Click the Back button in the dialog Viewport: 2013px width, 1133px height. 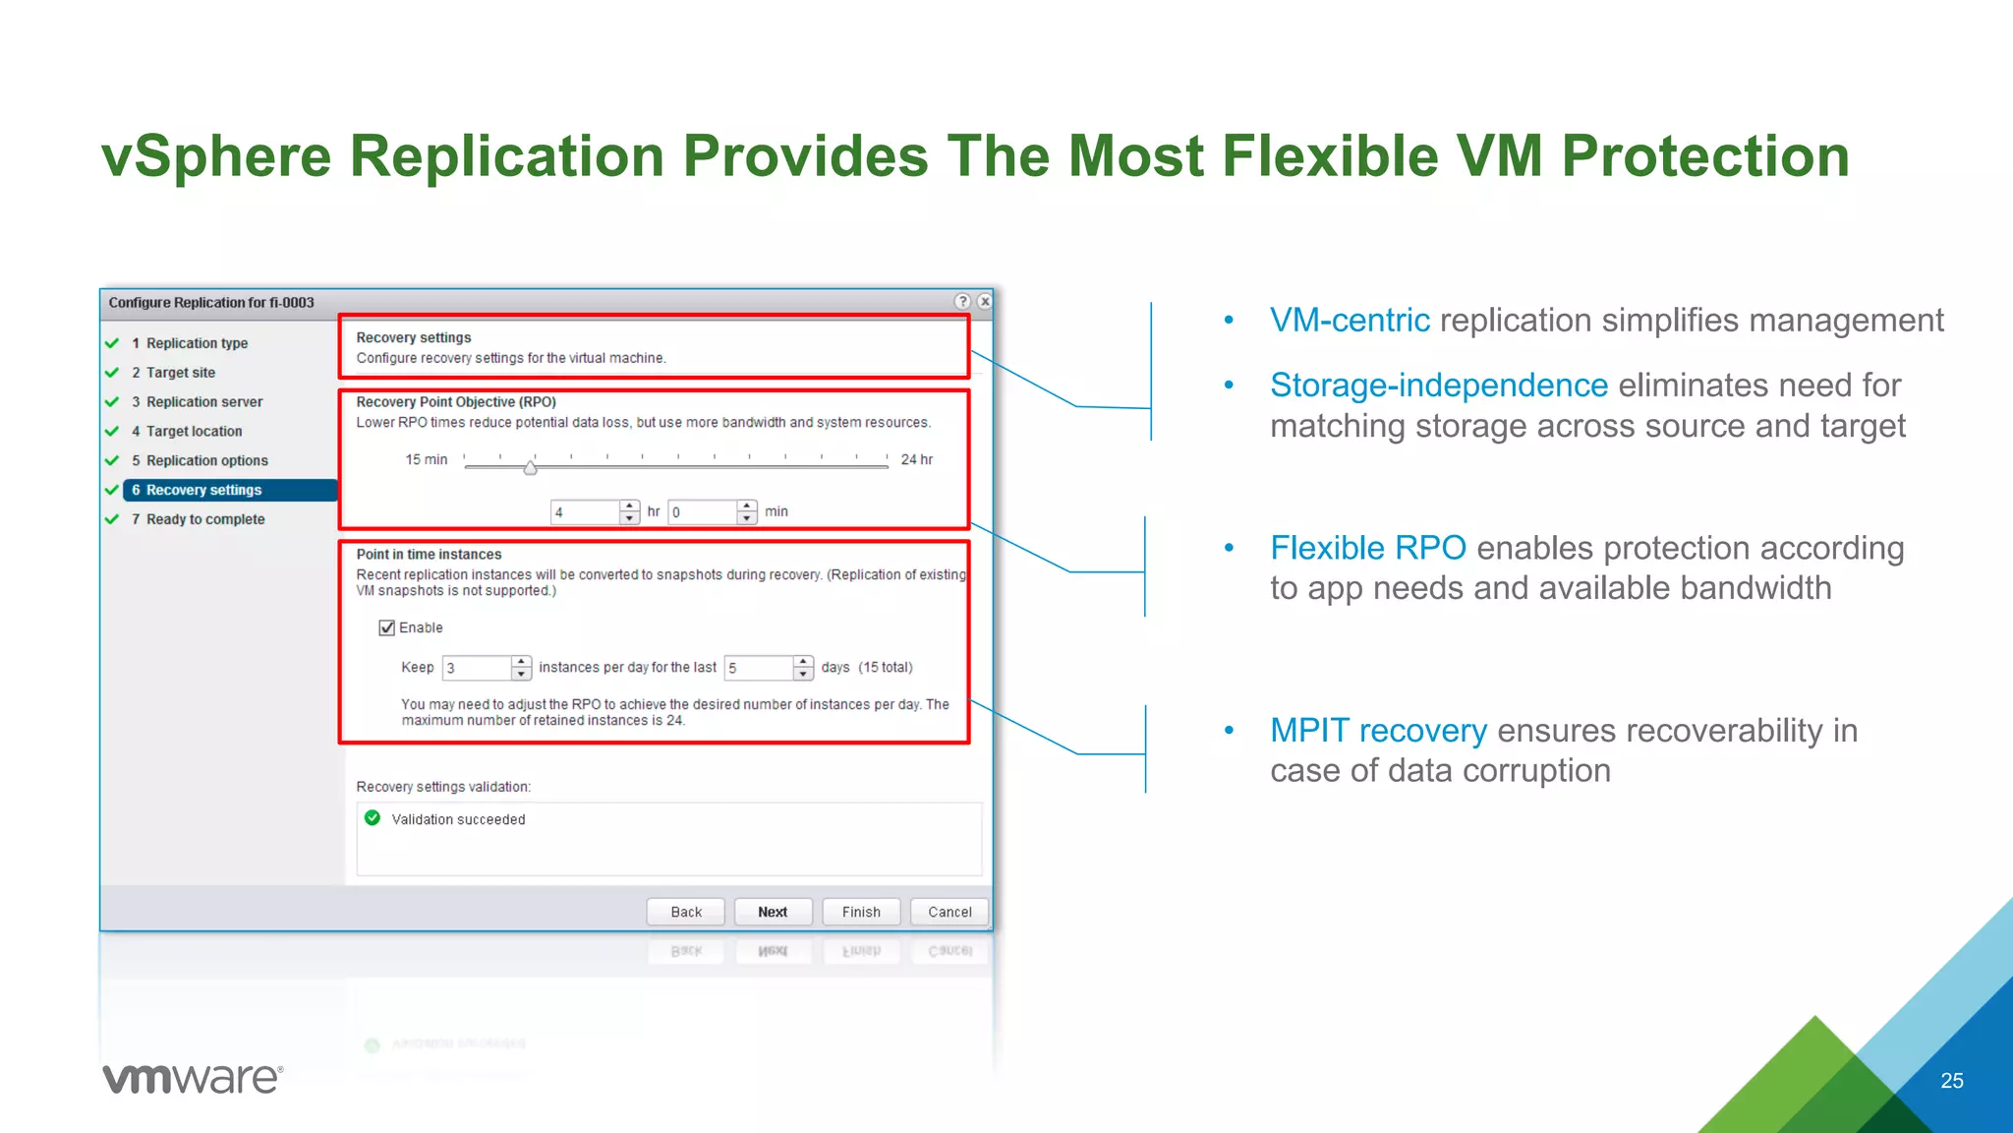click(686, 912)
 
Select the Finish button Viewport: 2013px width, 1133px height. click(861, 912)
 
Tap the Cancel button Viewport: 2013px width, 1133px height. click(949, 912)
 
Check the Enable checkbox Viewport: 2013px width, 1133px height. click(387, 627)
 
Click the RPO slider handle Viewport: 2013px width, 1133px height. click(531, 468)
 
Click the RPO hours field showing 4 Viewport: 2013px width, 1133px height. click(586, 512)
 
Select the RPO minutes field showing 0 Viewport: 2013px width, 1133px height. click(703, 512)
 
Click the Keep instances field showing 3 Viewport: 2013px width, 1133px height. click(477, 668)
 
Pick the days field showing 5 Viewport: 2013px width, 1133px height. click(759, 668)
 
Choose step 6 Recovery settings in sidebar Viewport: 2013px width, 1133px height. click(203, 490)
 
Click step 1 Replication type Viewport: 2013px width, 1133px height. click(197, 343)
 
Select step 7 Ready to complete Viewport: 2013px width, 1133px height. click(205, 519)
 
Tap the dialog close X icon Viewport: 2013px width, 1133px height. click(984, 302)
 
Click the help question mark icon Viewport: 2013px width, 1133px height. click(962, 302)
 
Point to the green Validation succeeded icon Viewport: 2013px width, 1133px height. click(373, 818)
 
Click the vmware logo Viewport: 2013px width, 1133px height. click(193, 1078)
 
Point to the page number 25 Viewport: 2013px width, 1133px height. click(1952, 1081)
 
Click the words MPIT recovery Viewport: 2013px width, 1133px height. click(1378, 731)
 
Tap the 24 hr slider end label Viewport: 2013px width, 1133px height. click(917, 459)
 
